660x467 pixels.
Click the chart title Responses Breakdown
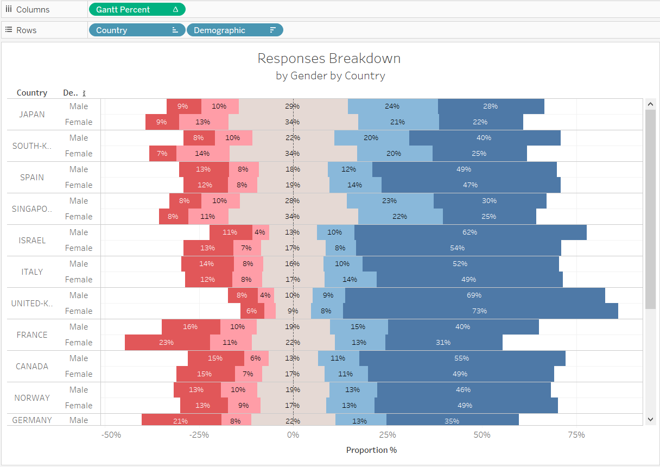click(x=329, y=59)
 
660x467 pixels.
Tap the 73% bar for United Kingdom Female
click(x=480, y=311)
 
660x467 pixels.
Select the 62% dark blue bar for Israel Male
click(x=470, y=232)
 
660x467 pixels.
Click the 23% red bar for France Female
click(x=167, y=343)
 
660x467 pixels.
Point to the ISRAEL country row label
click(x=32, y=241)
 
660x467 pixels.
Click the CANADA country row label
click(x=32, y=367)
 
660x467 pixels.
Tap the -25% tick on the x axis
click(x=199, y=435)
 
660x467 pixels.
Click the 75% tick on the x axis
click(x=576, y=435)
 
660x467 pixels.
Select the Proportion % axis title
click(x=371, y=450)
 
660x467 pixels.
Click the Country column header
click(x=32, y=93)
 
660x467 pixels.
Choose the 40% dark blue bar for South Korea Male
click(x=484, y=138)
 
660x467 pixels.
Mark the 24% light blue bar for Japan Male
click(x=392, y=106)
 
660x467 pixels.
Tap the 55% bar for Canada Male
click(x=462, y=358)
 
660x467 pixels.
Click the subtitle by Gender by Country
click(x=330, y=76)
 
